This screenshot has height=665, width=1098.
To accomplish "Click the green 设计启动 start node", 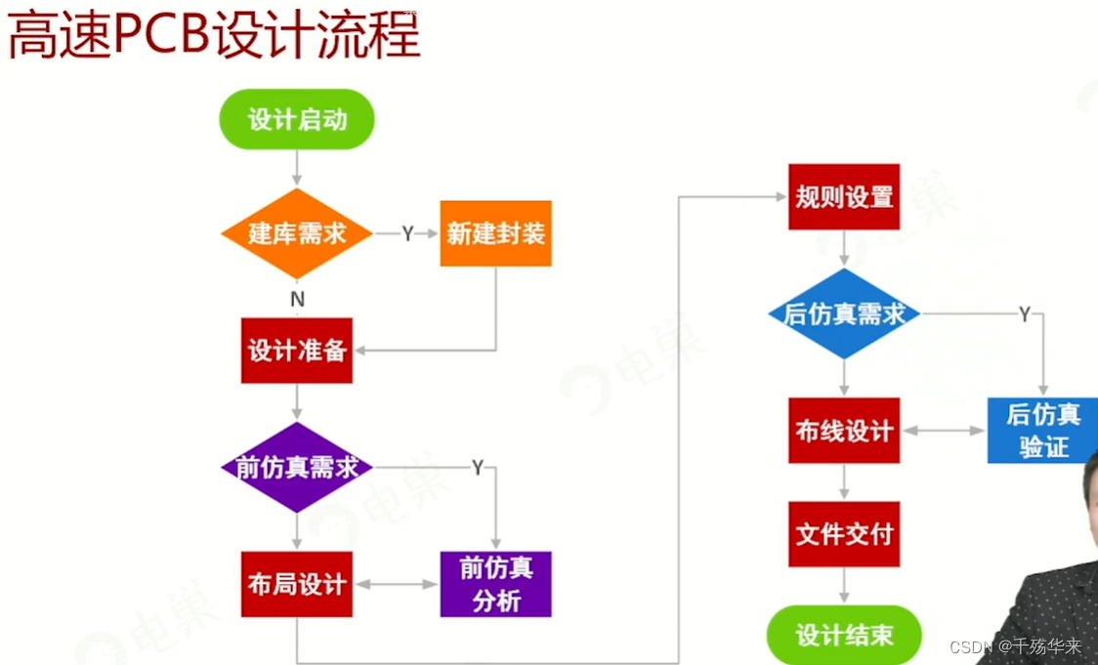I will [x=297, y=119].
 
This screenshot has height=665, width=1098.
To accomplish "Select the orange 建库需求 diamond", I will [x=297, y=234].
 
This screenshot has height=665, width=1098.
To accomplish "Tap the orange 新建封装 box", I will [x=495, y=233].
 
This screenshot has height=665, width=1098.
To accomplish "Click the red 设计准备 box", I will [x=297, y=351].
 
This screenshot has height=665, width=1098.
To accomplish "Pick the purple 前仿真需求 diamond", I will [x=297, y=468].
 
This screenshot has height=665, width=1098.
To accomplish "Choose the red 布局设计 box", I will [x=297, y=584].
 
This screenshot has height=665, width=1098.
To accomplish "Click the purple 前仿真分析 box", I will [x=495, y=584].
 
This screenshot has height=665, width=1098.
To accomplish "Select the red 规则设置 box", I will [x=844, y=197].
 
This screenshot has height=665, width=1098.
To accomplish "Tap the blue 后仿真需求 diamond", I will [x=844, y=314].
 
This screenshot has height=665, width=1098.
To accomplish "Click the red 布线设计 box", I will [x=844, y=431].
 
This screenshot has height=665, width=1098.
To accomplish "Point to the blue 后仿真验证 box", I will [x=1042, y=431].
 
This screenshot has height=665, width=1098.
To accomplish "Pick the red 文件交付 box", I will [x=844, y=534].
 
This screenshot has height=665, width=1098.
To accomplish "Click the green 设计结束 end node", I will [x=844, y=635].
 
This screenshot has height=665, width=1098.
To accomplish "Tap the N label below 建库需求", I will [x=297, y=300].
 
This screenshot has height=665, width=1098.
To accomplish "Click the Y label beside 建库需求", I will [x=407, y=234].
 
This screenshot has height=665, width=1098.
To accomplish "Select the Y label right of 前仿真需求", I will [x=478, y=468].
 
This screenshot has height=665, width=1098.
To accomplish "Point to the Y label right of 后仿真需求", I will [x=1025, y=314].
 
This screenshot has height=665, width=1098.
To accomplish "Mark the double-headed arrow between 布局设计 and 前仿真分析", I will [x=396, y=584].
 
